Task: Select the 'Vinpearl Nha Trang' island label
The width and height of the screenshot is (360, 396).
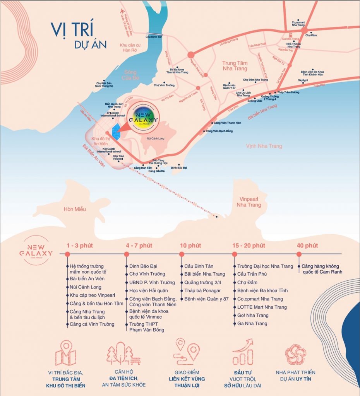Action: tap(249, 201)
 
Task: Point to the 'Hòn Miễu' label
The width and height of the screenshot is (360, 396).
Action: tap(75, 209)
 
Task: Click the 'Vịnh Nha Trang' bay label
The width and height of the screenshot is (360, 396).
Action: tap(264, 146)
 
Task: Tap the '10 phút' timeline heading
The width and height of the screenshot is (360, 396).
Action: tap(190, 246)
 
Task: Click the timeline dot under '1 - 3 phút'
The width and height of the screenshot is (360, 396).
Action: tap(67, 254)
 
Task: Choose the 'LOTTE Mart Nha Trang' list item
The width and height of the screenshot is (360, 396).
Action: tap(262, 307)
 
